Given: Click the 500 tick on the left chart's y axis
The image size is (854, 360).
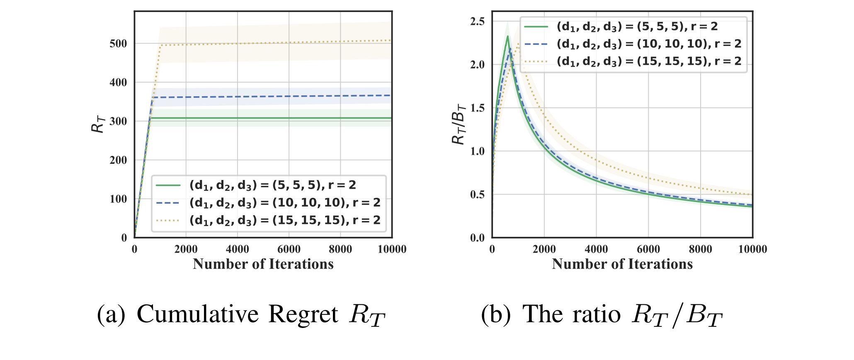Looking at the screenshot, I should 118,44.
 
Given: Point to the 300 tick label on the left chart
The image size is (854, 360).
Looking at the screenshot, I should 118,121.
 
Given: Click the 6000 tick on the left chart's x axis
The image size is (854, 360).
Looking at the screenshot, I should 289,249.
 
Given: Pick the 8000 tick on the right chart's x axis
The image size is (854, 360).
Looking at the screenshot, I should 701,249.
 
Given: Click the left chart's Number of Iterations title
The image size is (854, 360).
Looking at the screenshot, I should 263,264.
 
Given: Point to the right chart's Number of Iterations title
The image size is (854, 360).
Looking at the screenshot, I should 622,264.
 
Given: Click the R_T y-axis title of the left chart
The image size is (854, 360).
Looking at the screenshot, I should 98,124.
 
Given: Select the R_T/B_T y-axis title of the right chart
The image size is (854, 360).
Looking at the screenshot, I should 459,124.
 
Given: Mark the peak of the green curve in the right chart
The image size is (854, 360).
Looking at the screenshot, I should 507,36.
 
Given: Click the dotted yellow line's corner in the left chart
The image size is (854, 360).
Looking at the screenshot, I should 160,45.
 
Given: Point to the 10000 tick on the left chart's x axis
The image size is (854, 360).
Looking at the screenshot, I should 392,249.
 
